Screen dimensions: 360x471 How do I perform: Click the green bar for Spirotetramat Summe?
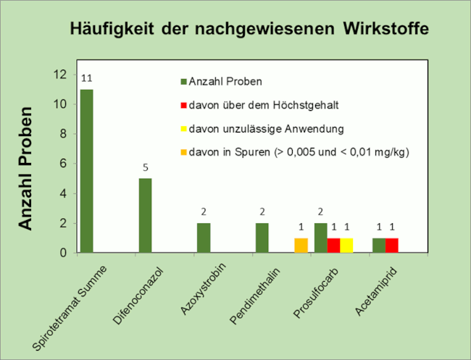86,171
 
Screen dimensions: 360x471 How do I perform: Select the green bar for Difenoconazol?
145,216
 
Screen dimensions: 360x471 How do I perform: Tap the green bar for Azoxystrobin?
204,238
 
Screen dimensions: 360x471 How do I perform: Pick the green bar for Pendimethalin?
262,238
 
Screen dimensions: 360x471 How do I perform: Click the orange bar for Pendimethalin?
301,246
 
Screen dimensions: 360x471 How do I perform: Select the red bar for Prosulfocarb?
333,246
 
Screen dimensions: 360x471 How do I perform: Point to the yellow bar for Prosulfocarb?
346,246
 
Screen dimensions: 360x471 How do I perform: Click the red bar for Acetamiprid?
391,246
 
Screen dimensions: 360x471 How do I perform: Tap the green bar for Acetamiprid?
378,246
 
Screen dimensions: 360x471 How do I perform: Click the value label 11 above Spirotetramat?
86,78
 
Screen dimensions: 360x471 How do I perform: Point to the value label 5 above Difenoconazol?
145,167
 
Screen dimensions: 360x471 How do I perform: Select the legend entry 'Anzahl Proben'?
225,81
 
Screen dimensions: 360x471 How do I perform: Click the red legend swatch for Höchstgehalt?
184,105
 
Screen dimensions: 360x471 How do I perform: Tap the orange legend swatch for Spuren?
184,153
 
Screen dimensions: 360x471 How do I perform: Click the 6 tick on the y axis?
64,164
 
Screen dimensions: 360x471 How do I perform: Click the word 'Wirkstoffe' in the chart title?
383,29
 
